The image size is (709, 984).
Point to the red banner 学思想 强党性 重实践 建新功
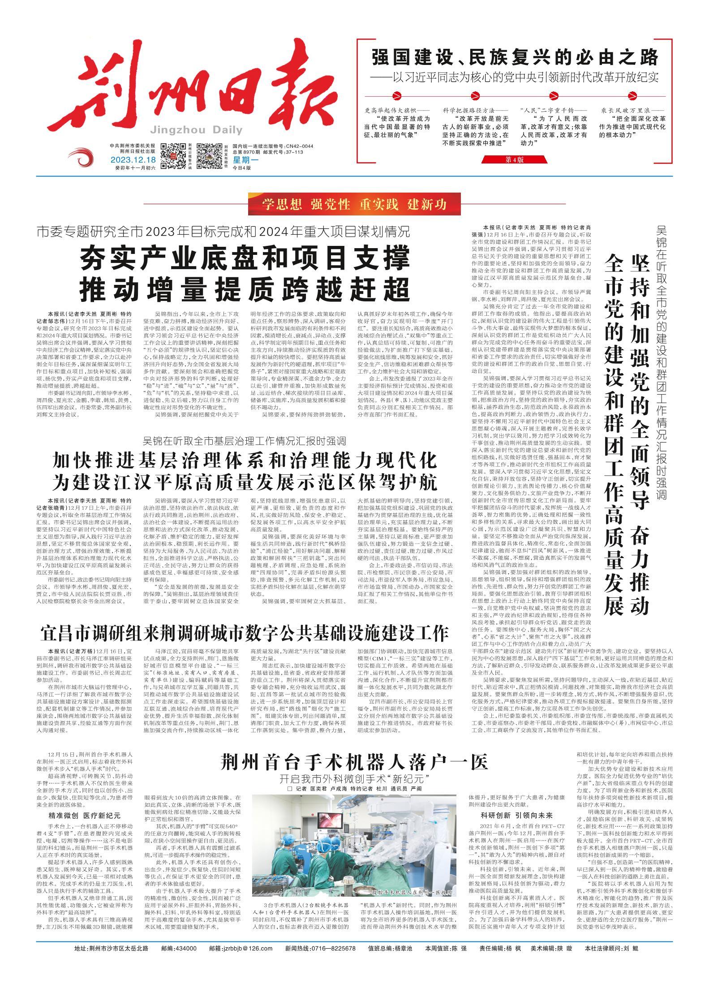coord(354,205)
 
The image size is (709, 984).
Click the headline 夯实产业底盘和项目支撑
coord(245,258)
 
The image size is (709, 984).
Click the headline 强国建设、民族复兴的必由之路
coord(516,57)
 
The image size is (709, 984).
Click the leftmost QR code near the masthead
coord(173,156)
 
